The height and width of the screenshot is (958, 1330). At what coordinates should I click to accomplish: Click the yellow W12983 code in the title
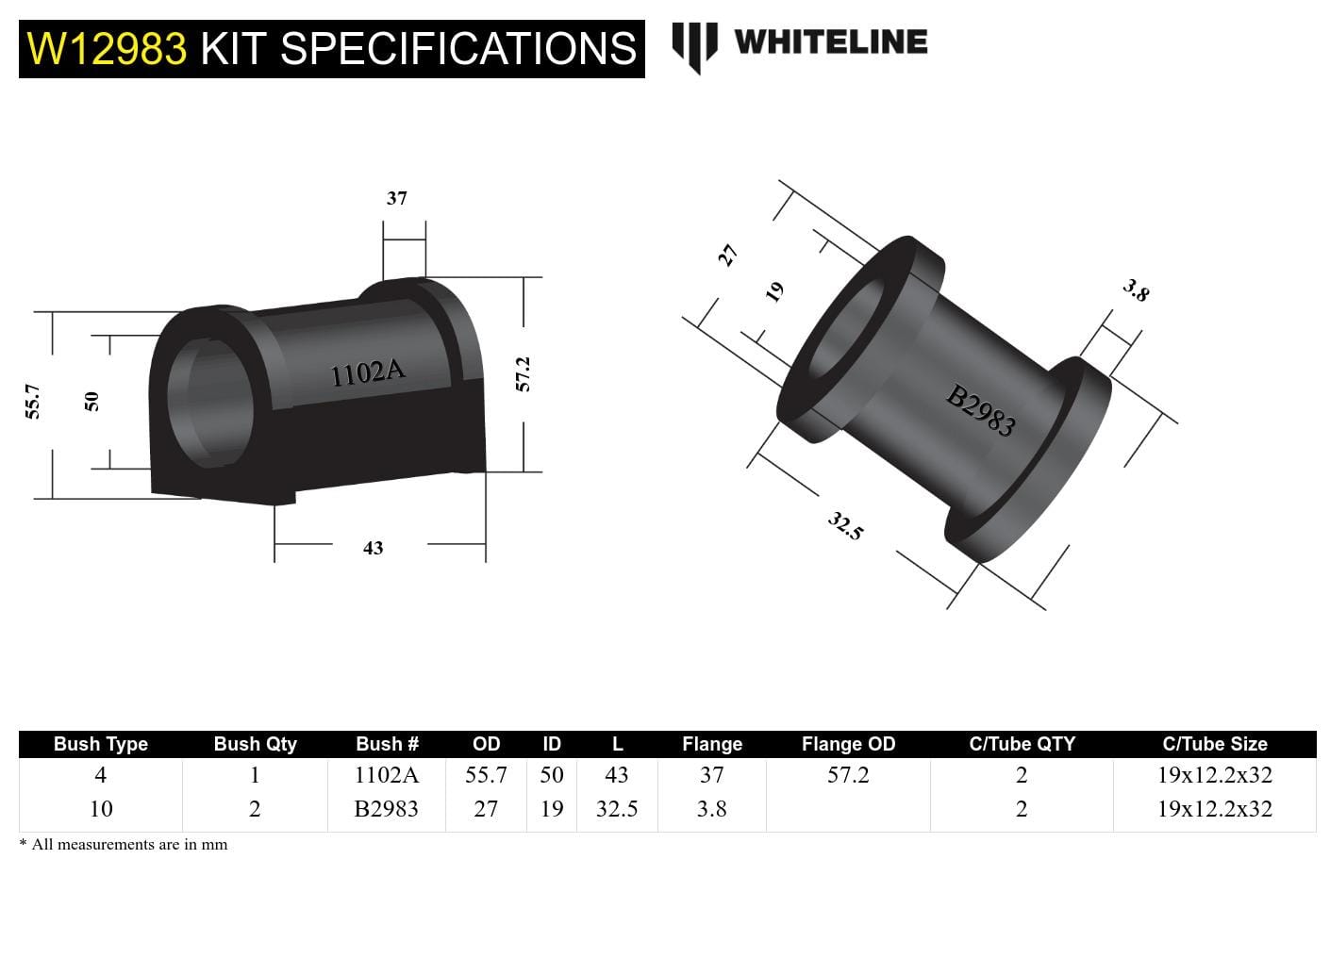(107, 49)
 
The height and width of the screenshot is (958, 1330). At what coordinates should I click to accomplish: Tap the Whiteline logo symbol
(694, 45)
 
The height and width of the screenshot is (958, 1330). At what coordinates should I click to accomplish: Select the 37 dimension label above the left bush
(396, 198)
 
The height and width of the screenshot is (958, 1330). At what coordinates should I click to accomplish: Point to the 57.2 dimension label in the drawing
(524, 374)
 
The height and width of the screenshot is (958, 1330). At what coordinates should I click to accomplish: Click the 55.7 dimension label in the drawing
(33, 401)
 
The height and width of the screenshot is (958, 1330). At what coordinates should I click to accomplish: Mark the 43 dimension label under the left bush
(373, 548)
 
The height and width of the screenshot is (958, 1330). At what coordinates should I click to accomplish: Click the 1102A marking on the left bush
(367, 372)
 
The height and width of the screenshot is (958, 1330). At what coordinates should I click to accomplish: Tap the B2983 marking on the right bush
(981, 411)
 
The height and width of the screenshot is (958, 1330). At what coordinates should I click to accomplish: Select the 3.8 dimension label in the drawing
(1136, 290)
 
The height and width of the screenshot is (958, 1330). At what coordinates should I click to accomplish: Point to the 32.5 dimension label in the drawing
(845, 526)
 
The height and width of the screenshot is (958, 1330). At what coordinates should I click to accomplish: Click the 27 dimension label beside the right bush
(727, 255)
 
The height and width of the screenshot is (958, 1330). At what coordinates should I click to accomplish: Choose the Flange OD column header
(847, 744)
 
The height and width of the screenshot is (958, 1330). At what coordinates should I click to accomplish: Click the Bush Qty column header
(255, 744)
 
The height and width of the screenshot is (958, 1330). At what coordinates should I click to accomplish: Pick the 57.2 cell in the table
(847, 775)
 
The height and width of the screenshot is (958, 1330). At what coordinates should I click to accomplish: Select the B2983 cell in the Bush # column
(386, 809)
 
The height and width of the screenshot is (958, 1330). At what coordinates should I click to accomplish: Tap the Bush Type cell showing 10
(100, 809)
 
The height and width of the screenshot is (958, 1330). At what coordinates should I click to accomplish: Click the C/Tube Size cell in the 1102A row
(1214, 775)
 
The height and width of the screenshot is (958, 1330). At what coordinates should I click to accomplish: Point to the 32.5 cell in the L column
(616, 809)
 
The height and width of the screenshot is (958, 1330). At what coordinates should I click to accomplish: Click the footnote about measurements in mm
(124, 845)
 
